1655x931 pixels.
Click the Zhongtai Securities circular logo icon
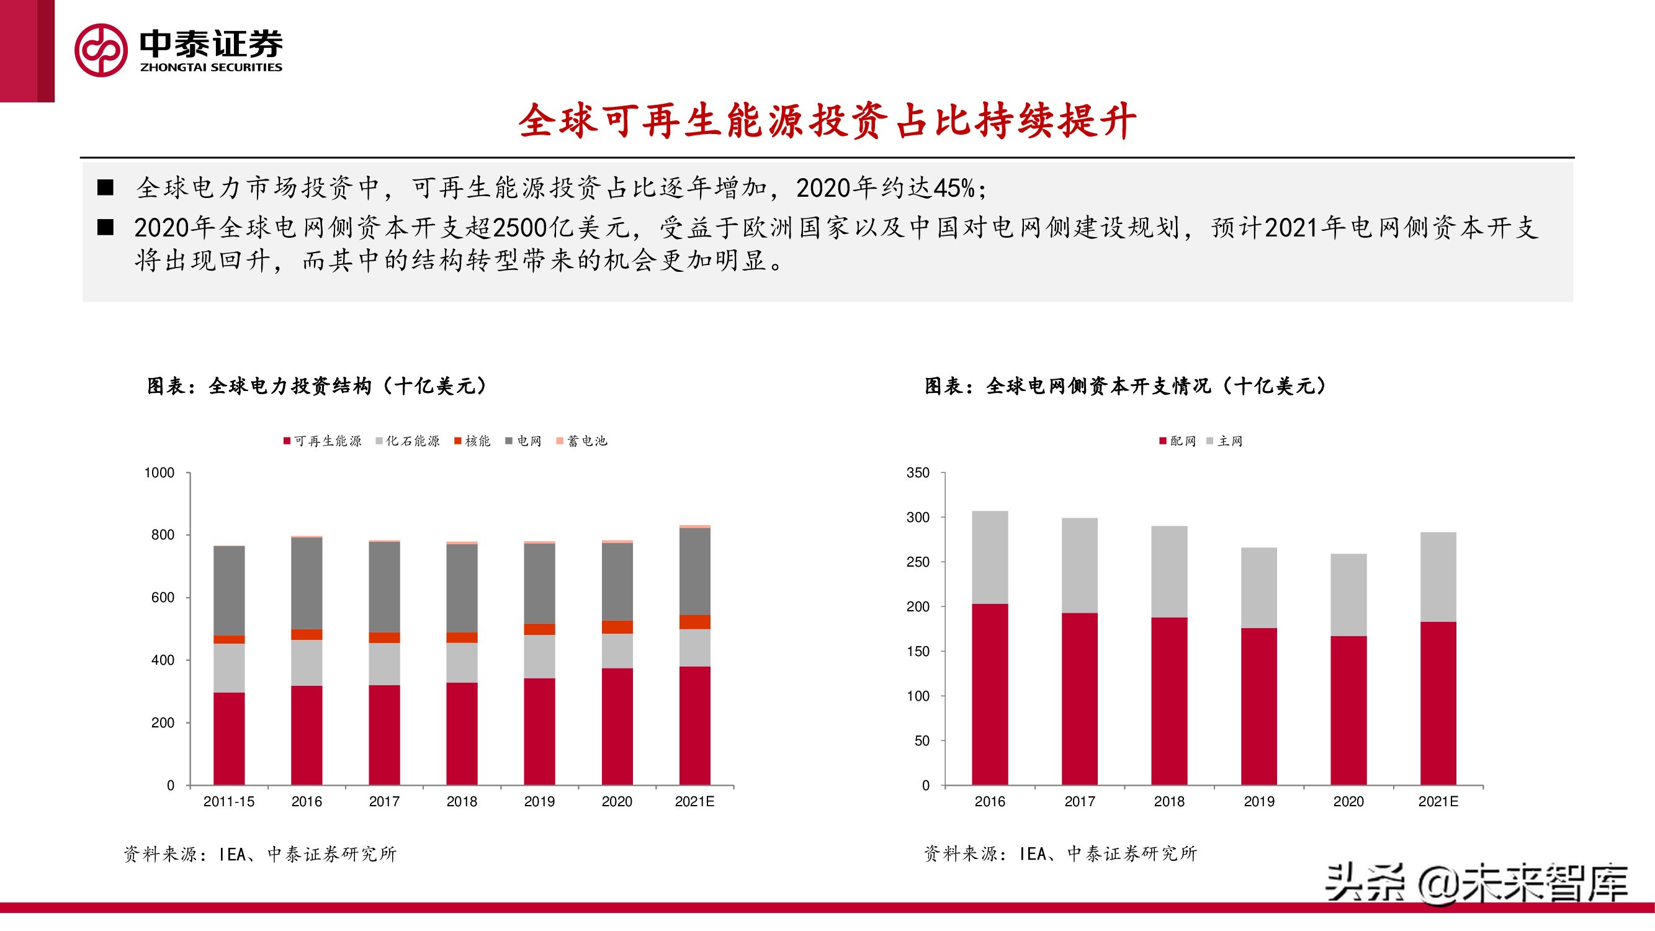pos(101,50)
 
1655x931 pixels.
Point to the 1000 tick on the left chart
pos(159,473)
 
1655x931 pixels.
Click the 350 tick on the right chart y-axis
pos(917,473)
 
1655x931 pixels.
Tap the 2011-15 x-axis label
pos(229,801)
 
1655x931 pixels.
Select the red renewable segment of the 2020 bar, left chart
pos(617,726)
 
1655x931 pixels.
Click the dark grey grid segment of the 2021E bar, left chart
pos(694,571)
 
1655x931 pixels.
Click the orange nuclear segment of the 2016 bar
pos(307,634)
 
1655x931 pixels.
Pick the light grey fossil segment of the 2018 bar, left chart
pos(461,662)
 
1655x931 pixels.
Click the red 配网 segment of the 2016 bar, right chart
pos(989,694)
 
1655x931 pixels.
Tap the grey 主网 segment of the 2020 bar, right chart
pos(1348,595)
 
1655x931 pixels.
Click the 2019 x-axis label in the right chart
pos(1258,801)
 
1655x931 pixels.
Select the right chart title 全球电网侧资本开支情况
pos(1124,385)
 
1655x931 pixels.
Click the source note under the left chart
pos(259,854)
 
